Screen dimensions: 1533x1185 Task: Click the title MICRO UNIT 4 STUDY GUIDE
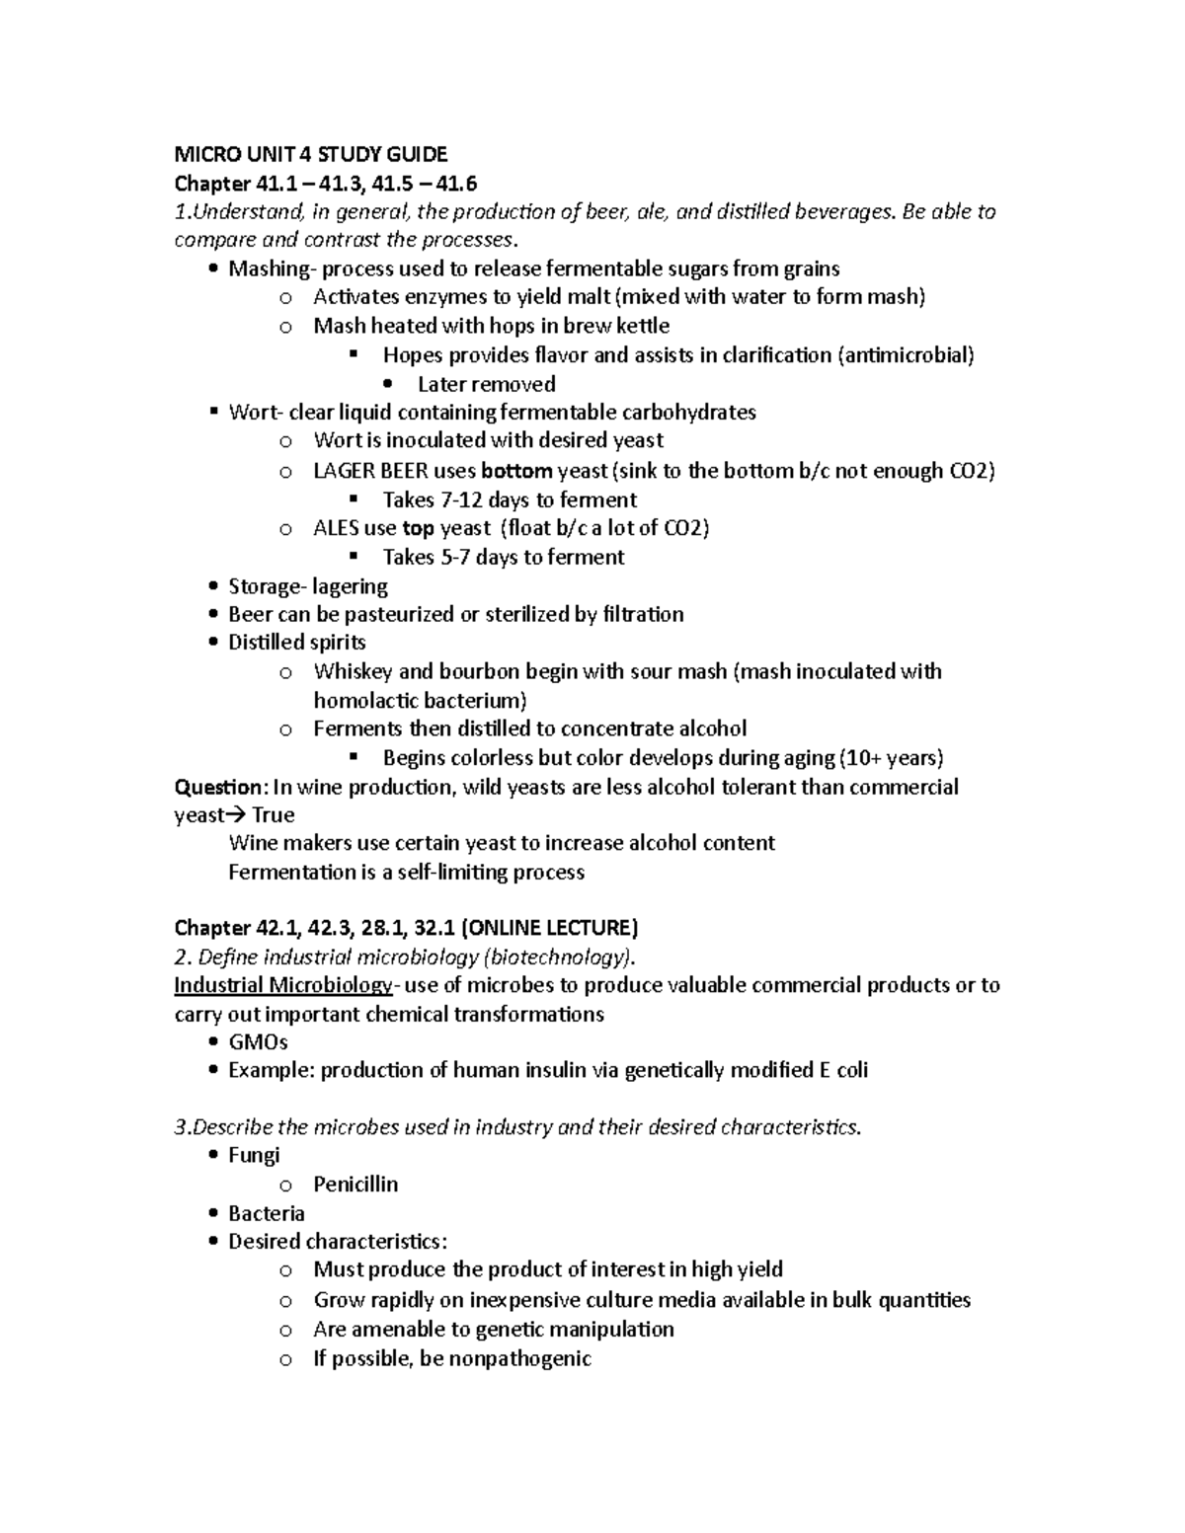point(310,154)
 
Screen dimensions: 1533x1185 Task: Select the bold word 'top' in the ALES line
point(418,528)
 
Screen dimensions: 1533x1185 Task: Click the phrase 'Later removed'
point(486,384)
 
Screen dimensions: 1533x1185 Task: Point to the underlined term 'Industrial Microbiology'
point(282,985)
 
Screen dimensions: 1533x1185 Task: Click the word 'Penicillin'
point(355,1185)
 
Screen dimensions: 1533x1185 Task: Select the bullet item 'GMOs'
point(258,1042)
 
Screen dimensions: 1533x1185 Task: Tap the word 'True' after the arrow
point(274,815)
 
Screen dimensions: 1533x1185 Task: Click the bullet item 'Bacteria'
point(267,1214)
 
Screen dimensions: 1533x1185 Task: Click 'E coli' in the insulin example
point(844,1071)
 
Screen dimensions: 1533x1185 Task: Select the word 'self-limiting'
point(472,873)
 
